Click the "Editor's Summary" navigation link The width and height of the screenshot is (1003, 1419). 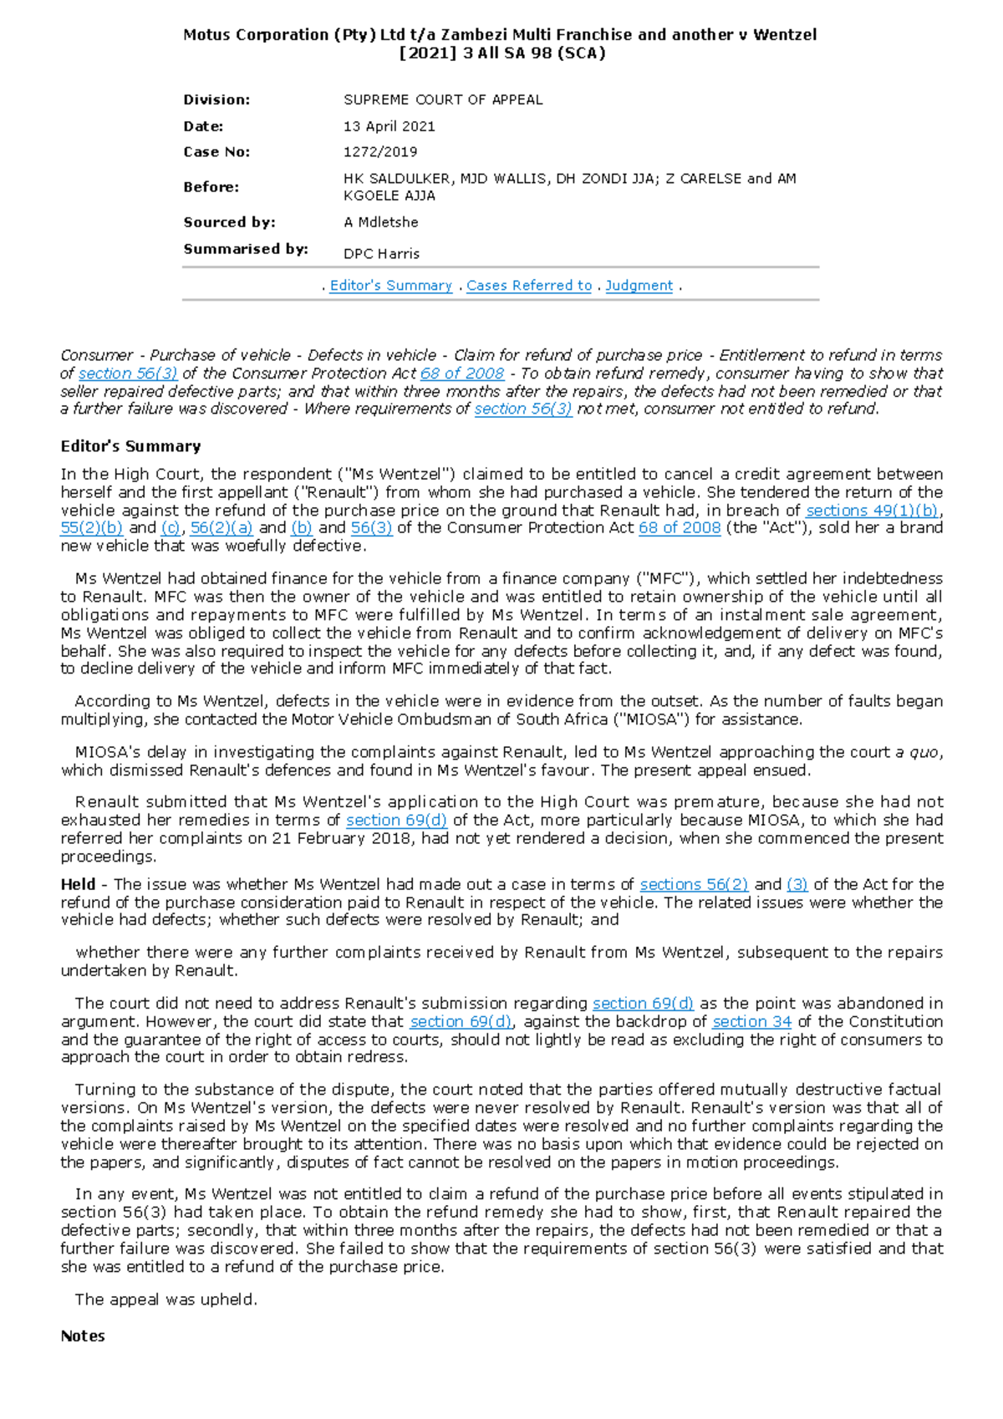(x=390, y=286)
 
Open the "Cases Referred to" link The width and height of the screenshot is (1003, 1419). (x=528, y=286)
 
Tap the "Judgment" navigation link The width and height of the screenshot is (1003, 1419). (x=639, y=286)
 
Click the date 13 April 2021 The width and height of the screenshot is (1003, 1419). (x=389, y=126)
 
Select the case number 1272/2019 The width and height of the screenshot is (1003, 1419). (x=380, y=152)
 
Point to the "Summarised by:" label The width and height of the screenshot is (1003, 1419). (x=246, y=249)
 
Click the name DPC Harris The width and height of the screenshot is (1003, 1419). (x=381, y=253)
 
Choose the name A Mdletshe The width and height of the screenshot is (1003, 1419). (x=380, y=222)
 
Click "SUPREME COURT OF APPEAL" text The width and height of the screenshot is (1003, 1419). (x=443, y=100)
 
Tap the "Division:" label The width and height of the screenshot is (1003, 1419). (x=216, y=100)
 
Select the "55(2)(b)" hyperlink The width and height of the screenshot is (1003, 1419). (x=91, y=528)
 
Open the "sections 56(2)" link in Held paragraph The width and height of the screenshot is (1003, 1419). (x=694, y=884)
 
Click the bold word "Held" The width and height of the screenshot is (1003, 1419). (x=78, y=884)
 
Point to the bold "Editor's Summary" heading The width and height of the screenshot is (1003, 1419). (x=130, y=446)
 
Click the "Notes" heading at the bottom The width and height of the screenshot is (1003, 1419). (x=83, y=1335)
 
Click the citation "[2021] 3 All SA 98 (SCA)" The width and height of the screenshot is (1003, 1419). (x=501, y=53)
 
